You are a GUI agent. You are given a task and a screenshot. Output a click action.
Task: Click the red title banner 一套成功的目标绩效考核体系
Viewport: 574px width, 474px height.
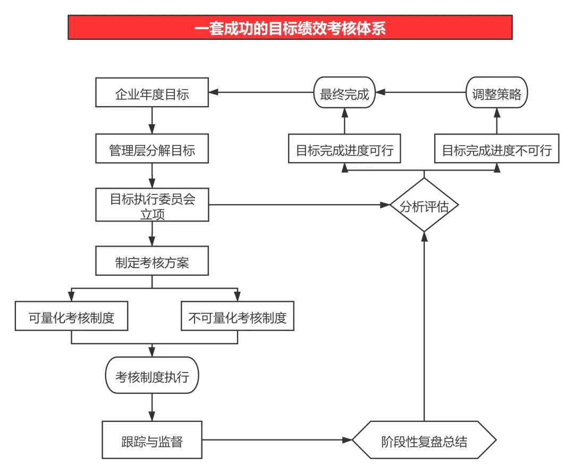(290, 28)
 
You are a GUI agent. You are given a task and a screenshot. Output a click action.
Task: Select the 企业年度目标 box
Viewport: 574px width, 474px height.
(152, 93)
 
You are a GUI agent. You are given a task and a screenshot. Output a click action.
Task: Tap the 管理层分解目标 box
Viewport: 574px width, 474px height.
(152, 149)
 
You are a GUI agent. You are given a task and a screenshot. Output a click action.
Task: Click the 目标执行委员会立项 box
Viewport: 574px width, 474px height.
(152, 205)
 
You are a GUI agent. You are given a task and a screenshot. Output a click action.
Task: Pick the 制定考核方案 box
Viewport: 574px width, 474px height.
(152, 261)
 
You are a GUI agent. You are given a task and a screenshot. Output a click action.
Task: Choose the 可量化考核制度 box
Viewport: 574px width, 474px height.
(72, 317)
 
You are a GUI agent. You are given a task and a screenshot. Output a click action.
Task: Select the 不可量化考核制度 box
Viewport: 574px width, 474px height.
(237, 317)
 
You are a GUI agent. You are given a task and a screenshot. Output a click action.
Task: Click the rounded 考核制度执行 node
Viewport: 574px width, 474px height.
(152, 375)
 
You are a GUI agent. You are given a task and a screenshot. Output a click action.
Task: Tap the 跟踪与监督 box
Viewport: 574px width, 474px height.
(152, 439)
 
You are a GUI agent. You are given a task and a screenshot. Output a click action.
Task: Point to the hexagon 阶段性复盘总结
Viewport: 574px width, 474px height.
(424, 440)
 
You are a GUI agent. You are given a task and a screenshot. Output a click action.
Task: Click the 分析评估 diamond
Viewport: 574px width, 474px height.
(424, 205)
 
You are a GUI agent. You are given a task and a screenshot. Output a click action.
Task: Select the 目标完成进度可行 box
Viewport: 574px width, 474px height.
(344, 149)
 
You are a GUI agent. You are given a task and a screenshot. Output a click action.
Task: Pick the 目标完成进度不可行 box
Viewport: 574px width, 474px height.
(497, 149)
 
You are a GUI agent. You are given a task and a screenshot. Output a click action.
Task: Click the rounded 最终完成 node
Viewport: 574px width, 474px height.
(344, 93)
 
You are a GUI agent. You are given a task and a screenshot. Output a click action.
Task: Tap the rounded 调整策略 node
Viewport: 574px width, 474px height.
(497, 93)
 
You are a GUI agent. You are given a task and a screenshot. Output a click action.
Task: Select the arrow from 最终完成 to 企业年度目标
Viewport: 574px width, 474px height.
(260, 93)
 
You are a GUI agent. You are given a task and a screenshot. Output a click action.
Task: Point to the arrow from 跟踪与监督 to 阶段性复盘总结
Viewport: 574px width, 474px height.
(276, 440)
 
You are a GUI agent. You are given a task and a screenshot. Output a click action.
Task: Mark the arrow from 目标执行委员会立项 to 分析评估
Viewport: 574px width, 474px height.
(298, 205)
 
